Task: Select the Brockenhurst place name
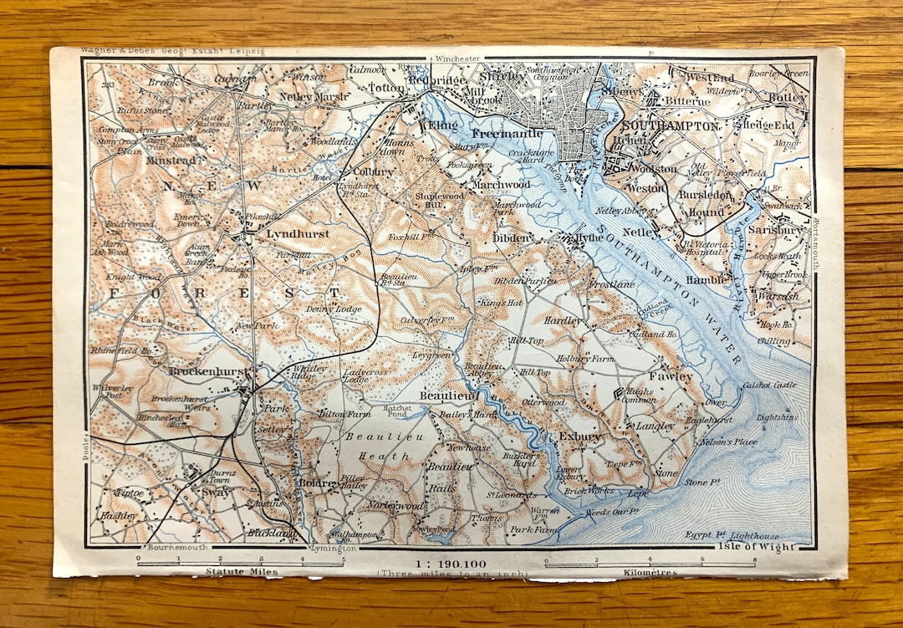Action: point(206,370)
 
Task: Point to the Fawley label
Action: point(673,377)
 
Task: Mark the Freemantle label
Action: point(508,133)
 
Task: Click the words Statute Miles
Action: point(241,572)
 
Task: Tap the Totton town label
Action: point(385,87)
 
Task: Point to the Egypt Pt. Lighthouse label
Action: point(733,535)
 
